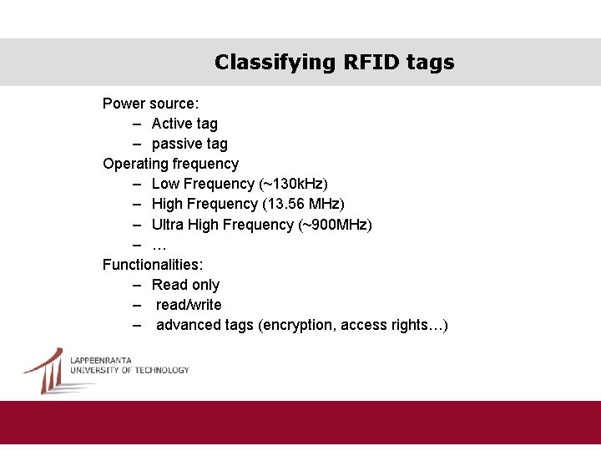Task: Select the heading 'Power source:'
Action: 150,104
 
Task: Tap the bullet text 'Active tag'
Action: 184,124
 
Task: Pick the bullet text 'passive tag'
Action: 189,144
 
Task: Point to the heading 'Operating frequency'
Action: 170,164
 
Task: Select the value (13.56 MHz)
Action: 303,204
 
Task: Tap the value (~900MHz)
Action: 335,225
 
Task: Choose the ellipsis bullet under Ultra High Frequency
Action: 159,246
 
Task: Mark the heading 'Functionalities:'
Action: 153,265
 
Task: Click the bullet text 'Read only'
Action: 185,285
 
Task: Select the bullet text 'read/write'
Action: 189,305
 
